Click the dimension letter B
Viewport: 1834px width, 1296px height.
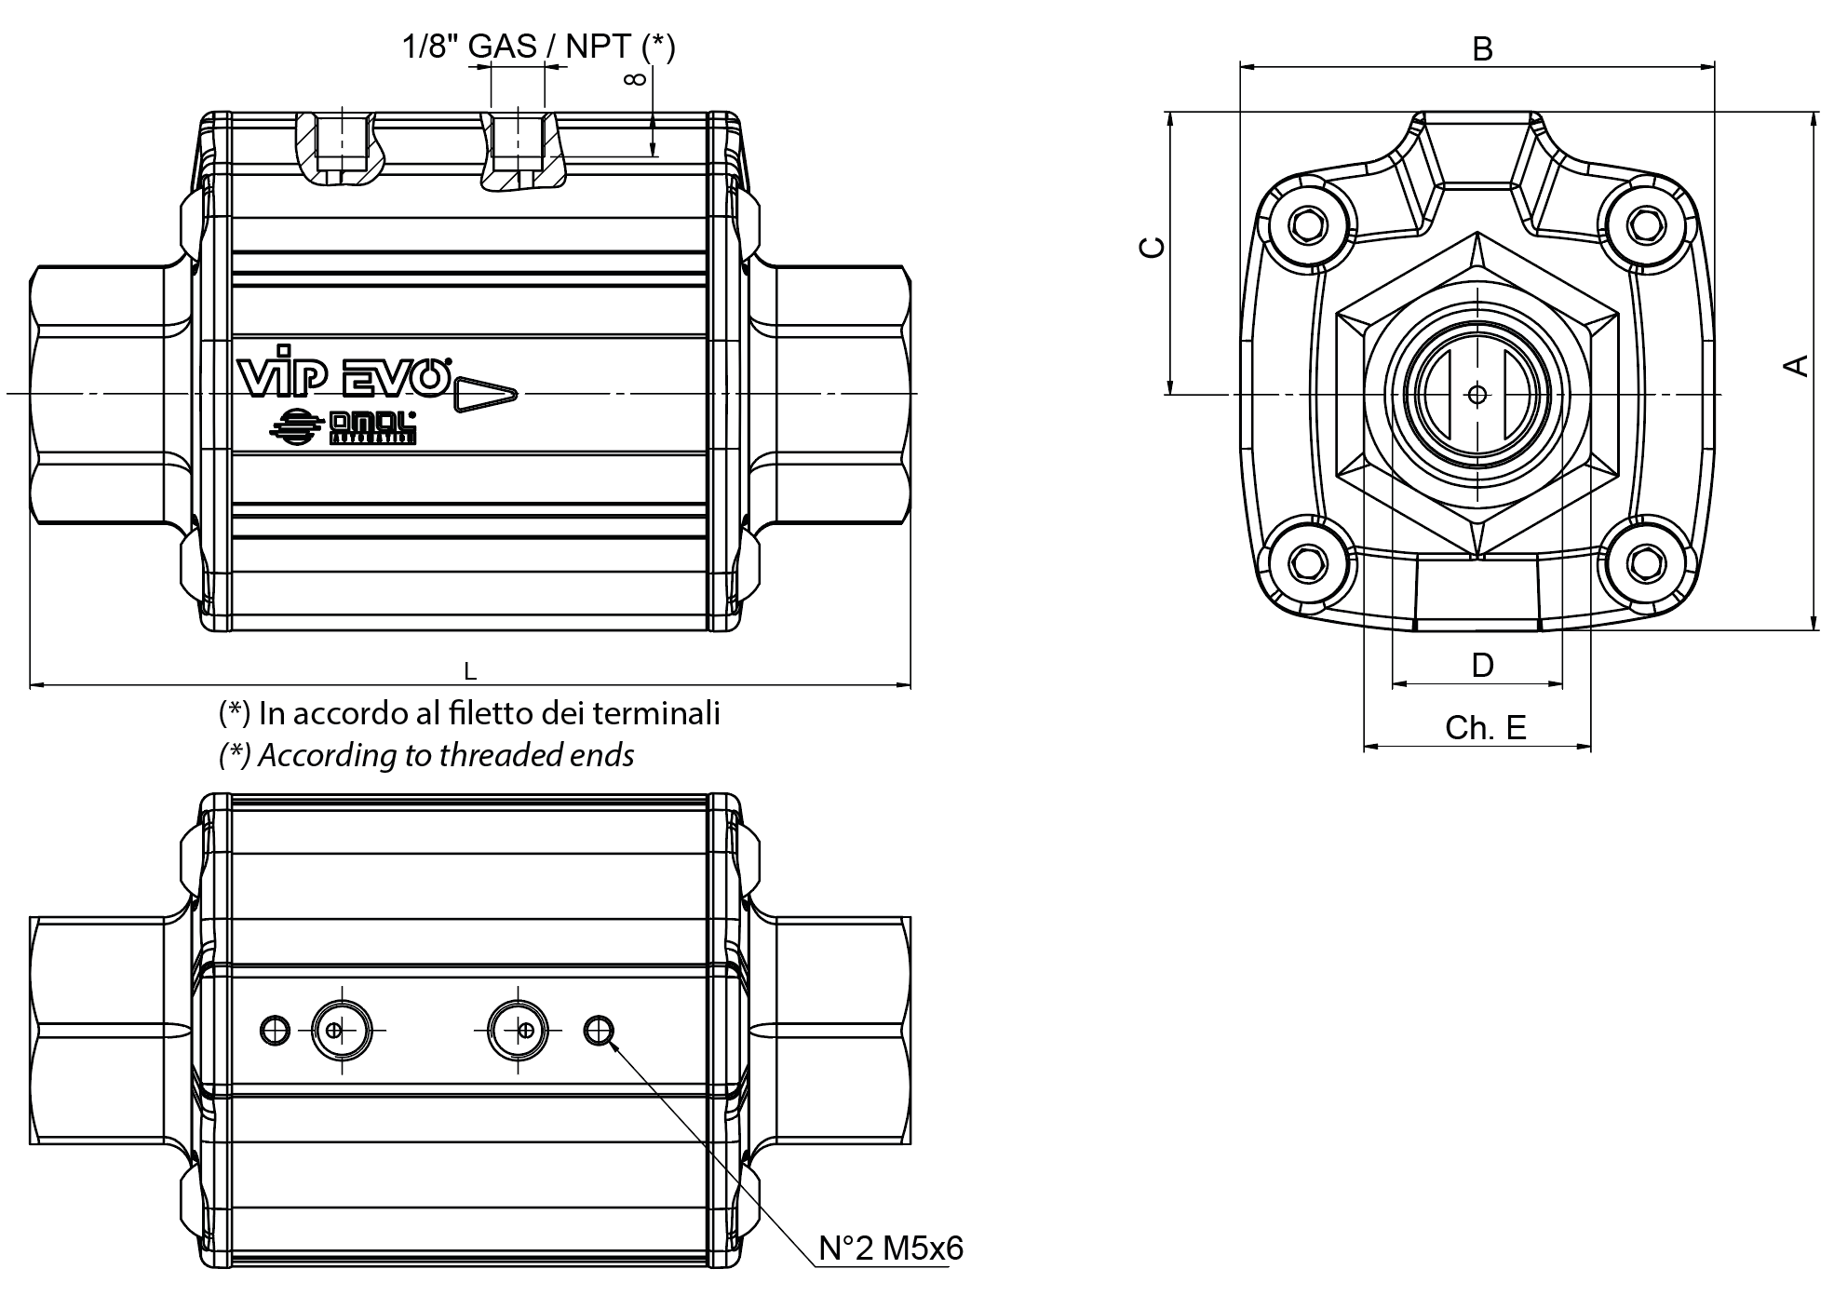(x=1482, y=48)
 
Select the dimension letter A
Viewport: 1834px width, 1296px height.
(x=1796, y=366)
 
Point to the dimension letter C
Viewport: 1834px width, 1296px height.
(x=1153, y=247)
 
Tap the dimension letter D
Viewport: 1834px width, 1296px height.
(x=1482, y=665)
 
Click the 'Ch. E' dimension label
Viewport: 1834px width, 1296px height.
(x=1486, y=727)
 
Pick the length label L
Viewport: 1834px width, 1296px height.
(x=470, y=671)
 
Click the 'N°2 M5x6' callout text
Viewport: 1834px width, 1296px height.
(x=891, y=1248)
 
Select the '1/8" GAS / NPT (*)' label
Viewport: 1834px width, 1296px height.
(x=538, y=46)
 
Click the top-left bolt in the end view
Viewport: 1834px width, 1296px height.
(x=1307, y=225)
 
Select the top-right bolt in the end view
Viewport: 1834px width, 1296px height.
(x=1648, y=225)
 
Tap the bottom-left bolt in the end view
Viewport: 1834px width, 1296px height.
(x=1307, y=563)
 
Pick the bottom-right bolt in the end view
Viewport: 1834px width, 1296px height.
(x=1648, y=563)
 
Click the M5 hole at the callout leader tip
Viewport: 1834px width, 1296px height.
(x=598, y=1030)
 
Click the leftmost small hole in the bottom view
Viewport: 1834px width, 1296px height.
(x=274, y=1030)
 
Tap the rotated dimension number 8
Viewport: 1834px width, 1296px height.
(x=635, y=79)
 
